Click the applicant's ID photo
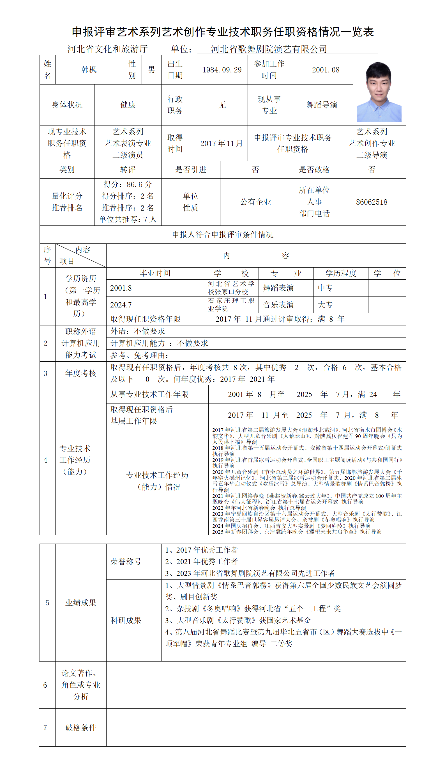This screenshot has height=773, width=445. pos(379,92)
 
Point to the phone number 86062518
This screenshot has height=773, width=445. pos(371,202)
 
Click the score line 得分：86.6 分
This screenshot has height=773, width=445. pos(128,184)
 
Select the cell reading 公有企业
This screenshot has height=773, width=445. pos(255,202)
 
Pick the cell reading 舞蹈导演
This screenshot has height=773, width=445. pos(322,105)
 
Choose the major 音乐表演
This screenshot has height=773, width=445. pos(278,305)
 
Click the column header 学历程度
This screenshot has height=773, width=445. pos(341,273)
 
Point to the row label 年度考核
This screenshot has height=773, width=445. pos(81,373)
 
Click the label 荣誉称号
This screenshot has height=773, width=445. pos(126,562)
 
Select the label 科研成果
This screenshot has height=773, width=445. pos(126,621)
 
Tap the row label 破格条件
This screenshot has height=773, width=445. pos(81,728)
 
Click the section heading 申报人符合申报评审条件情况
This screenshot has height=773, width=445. pos(223,235)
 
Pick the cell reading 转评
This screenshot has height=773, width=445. pos(128,170)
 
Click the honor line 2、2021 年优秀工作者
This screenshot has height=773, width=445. pos(201,562)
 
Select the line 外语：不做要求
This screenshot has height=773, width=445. pos(137,331)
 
